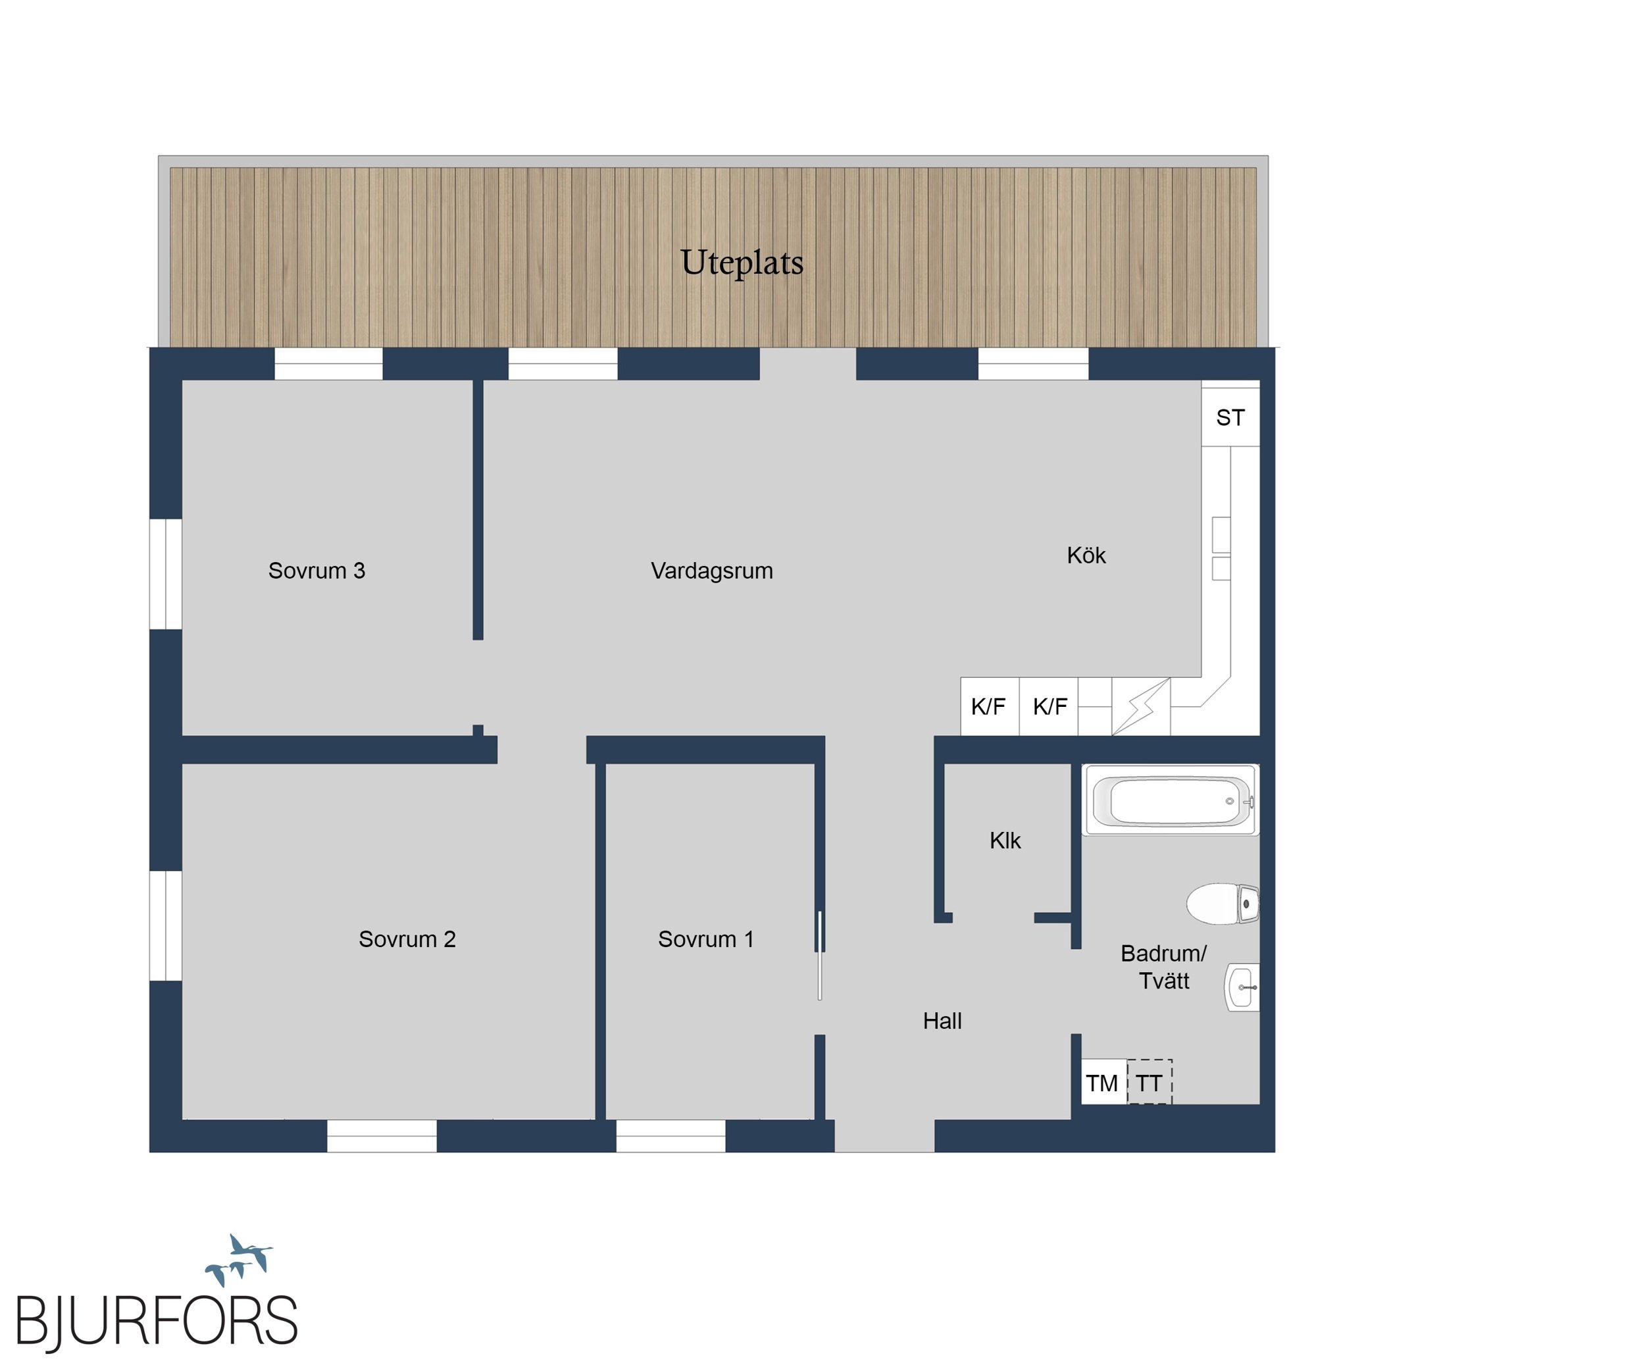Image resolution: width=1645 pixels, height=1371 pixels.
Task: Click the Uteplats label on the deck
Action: [742, 263]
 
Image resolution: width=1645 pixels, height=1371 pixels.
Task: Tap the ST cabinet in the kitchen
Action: [1230, 413]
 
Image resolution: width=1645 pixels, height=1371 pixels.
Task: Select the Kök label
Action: [1086, 556]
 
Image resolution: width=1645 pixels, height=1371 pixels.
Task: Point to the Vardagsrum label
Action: [711, 571]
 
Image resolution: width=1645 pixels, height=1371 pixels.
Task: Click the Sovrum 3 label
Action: [316, 571]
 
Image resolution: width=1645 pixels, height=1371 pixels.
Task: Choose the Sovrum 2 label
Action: [407, 939]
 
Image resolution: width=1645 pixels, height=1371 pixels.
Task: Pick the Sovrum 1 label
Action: [706, 939]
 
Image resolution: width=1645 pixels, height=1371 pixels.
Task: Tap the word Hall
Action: [942, 1021]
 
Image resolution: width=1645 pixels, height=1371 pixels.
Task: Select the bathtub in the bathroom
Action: [1171, 800]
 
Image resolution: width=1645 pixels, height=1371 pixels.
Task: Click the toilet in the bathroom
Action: [1223, 904]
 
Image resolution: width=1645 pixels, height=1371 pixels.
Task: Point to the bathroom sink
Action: [1242, 987]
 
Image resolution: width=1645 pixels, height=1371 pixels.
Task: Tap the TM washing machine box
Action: [1103, 1082]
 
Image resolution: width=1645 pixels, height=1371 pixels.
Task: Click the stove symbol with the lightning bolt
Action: [1142, 707]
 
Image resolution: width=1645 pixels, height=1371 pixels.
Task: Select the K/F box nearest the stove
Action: [1049, 707]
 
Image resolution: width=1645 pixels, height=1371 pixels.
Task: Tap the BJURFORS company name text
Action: [157, 1322]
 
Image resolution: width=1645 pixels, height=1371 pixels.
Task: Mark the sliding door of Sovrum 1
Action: [820, 955]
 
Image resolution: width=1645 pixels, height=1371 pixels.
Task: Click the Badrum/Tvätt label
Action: [1164, 967]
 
